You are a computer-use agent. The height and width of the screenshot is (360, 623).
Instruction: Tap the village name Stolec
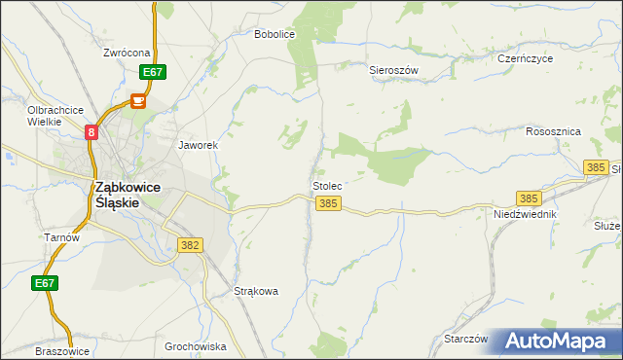327,185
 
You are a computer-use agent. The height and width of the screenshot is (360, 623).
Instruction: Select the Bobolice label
274,34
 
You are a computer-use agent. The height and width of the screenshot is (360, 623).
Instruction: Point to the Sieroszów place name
393,71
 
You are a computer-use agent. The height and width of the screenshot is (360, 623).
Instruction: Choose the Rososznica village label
553,131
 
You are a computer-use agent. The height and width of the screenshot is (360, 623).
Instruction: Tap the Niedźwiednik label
525,213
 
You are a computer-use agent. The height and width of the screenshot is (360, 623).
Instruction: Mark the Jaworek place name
197,145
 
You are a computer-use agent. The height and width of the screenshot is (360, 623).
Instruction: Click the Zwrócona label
128,52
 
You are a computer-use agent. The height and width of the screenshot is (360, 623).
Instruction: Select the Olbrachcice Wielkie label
55,116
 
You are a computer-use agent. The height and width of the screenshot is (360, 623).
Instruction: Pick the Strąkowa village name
257,291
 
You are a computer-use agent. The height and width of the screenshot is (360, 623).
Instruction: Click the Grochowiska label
195,346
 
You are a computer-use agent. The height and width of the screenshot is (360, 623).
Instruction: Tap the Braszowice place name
62,351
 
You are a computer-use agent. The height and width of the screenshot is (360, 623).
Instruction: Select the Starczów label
464,339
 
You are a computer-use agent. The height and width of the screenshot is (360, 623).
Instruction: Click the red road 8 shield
92,132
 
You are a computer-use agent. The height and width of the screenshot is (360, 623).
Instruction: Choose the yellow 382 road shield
191,245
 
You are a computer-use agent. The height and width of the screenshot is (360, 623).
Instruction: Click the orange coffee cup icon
138,100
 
